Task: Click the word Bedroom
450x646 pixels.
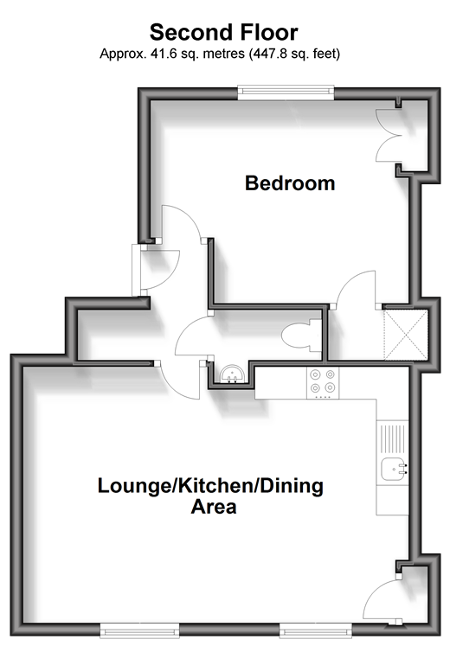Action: point(290,183)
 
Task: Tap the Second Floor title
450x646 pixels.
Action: point(224,33)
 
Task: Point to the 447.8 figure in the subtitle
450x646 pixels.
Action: point(268,54)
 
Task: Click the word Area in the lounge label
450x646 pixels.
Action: point(214,507)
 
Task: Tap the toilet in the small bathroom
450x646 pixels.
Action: point(302,336)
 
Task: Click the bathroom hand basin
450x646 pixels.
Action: point(233,374)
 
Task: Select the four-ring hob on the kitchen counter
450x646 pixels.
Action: point(323,383)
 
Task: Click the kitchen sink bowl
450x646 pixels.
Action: point(394,470)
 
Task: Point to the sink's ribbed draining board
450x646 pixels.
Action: point(393,438)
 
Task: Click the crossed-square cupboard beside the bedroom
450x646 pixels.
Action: point(407,335)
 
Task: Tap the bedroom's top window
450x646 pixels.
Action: point(286,93)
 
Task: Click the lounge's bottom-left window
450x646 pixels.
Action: point(139,630)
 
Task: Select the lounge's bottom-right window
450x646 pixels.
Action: point(316,630)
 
